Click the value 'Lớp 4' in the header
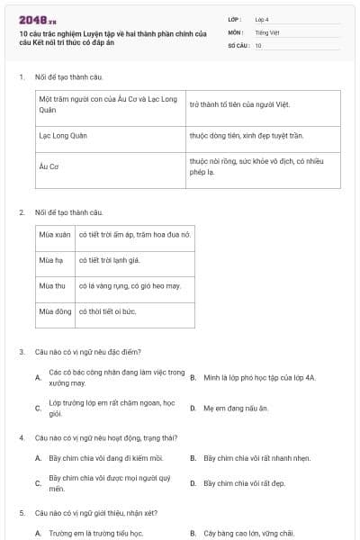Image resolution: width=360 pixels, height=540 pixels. [x=262, y=19]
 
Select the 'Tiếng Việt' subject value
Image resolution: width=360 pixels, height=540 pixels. [x=265, y=31]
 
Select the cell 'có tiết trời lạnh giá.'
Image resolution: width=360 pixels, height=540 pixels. [x=109, y=260]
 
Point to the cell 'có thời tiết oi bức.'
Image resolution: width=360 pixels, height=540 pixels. [x=107, y=311]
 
